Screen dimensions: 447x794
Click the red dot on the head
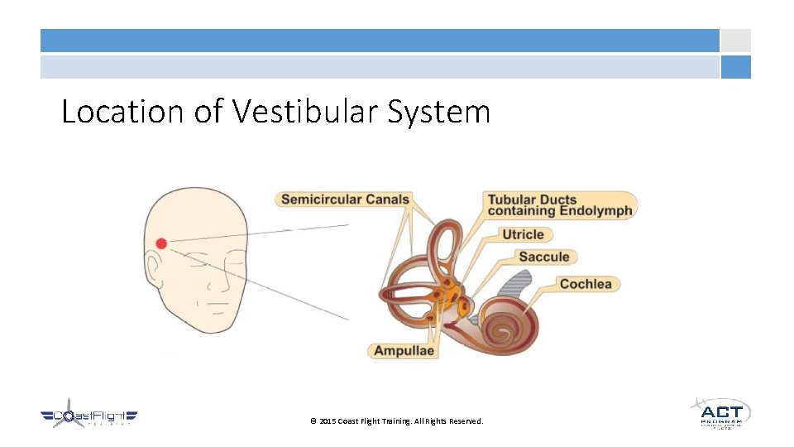(x=161, y=243)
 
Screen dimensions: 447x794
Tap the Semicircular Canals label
(x=345, y=199)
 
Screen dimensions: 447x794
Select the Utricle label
(x=523, y=234)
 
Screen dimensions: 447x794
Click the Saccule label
(x=543, y=257)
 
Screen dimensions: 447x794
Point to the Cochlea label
(x=586, y=284)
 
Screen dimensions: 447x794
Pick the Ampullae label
(x=404, y=350)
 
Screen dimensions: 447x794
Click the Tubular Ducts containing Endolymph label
(x=559, y=205)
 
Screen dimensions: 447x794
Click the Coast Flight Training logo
(x=88, y=416)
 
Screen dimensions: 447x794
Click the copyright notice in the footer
(x=396, y=421)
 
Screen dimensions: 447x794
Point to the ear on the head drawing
(x=152, y=270)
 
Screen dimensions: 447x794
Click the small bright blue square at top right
(x=735, y=67)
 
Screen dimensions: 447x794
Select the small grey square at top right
(x=735, y=41)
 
